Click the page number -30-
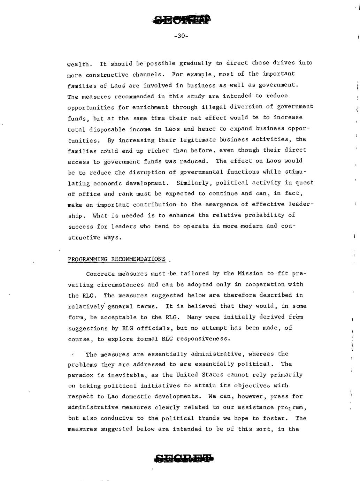pyautogui.click(x=181, y=36)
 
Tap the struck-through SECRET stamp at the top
pyautogui.click(x=182, y=20)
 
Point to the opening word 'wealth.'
pyautogui.click(x=80, y=64)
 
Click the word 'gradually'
pyautogui.click(x=195, y=63)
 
